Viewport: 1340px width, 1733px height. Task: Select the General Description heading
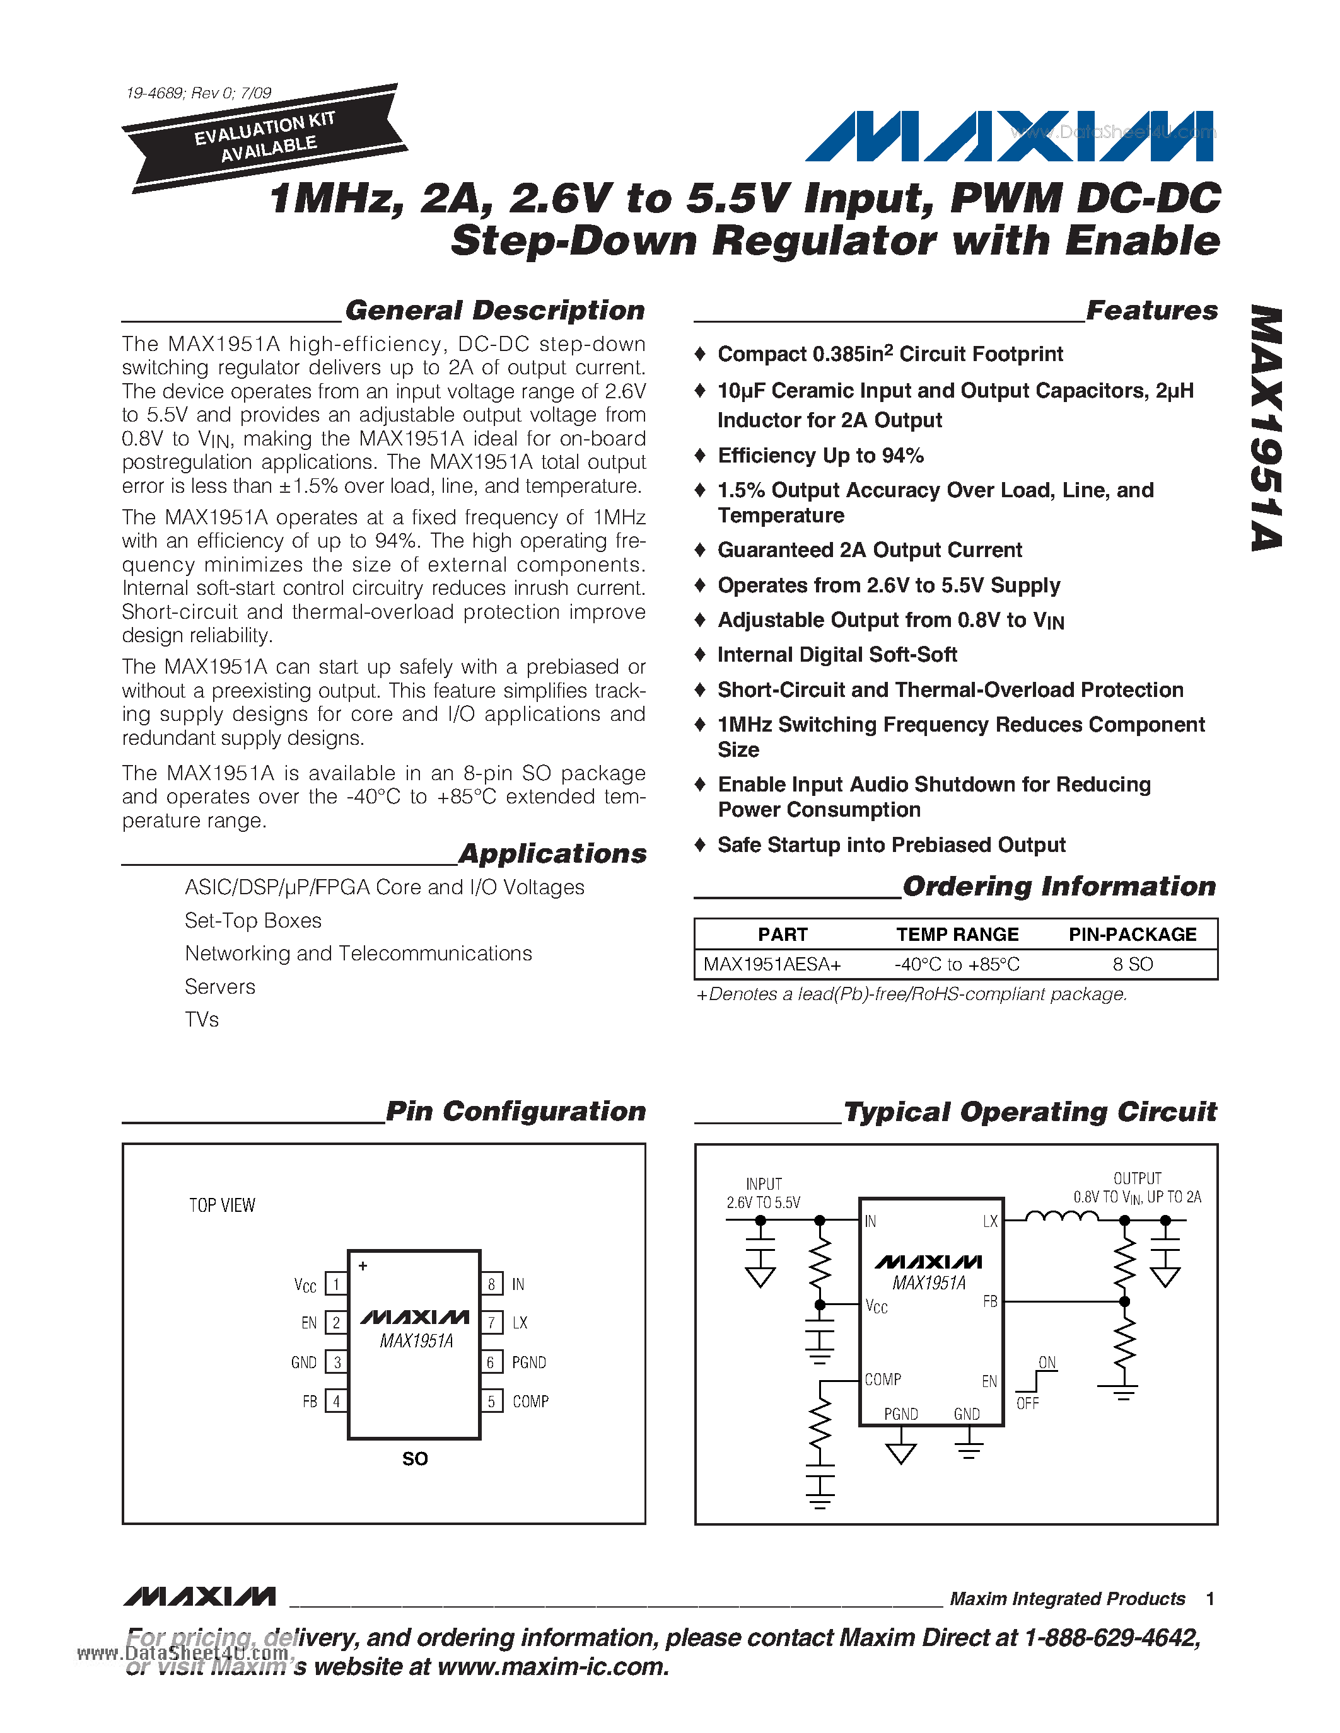pos(494,310)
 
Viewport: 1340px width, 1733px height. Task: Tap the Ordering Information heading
pos(1059,886)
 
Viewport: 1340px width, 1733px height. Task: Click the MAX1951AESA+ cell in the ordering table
pos(772,964)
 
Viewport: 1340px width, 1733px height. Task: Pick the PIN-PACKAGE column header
pos(1132,934)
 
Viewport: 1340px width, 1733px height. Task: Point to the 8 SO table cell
pos(1132,964)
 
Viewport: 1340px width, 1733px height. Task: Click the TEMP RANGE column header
pos(957,934)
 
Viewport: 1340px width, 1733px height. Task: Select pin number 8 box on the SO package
pos(491,1284)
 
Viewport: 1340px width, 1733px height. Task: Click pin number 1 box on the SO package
pos(336,1284)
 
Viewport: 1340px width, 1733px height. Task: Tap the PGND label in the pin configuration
pos(528,1362)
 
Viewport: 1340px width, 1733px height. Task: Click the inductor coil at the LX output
pos(1061,1216)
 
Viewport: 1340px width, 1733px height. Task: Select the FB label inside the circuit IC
pos(990,1301)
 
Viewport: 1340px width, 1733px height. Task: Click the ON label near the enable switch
pos(1047,1362)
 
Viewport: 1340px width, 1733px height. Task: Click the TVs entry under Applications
pos(202,1020)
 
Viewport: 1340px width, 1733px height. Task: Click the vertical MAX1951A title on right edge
pos(1266,429)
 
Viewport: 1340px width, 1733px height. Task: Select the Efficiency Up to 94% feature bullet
pos(820,456)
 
